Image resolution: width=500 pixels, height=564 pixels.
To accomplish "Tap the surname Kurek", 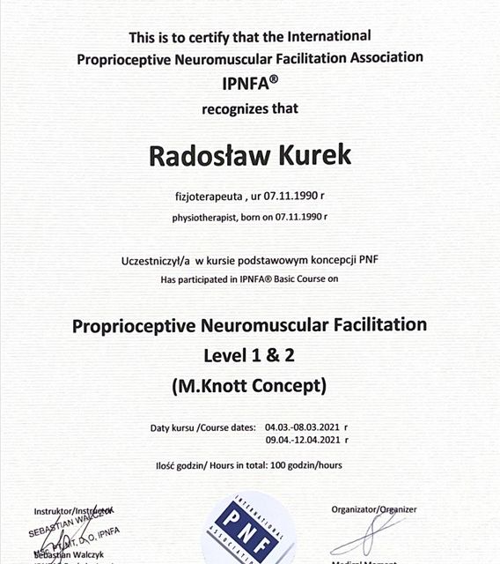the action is tap(308, 156).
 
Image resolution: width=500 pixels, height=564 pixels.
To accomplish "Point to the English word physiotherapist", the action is tap(210, 216).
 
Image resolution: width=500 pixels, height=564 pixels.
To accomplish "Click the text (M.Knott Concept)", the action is tap(250, 384).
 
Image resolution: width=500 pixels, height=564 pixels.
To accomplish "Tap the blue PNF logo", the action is tap(249, 531).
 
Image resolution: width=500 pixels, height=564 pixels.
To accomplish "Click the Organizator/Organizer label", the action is tap(373, 509).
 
